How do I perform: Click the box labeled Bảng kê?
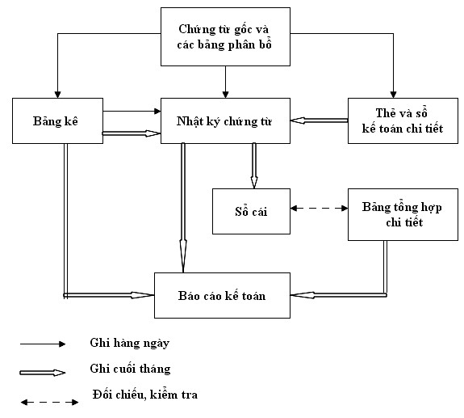[x=57, y=120]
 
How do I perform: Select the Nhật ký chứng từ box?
[x=225, y=121]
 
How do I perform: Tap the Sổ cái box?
[x=251, y=211]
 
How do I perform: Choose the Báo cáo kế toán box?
[x=222, y=296]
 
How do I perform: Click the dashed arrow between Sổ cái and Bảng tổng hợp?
[x=319, y=209]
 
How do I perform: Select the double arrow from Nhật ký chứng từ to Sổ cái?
[x=254, y=165]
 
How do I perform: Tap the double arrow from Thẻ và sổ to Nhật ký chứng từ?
[x=319, y=120]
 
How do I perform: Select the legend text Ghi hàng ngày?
[x=130, y=343]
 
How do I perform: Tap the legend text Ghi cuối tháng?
[x=131, y=369]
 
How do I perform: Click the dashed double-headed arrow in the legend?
[x=45, y=399]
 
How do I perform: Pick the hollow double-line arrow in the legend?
[x=44, y=373]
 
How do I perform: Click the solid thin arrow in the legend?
[x=44, y=344]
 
